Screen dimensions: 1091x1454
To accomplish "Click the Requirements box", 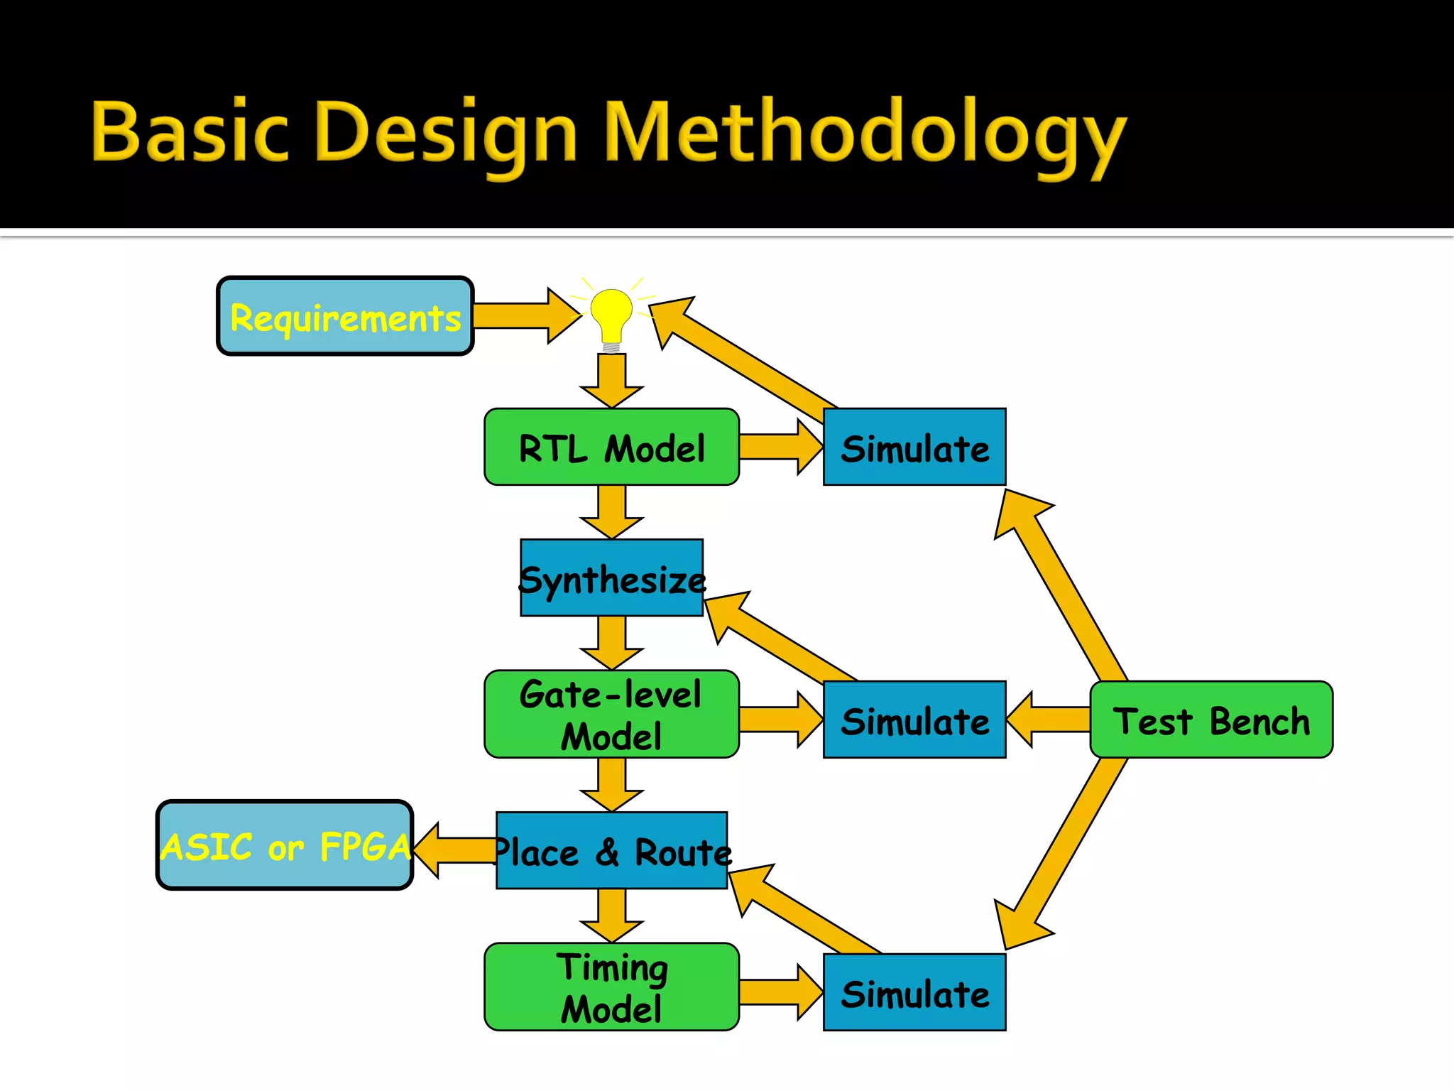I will [345, 316].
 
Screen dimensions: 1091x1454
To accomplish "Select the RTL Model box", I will [611, 447].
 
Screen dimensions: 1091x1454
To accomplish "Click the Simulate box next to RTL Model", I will [914, 447].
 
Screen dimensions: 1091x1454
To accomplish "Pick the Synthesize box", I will [611, 578].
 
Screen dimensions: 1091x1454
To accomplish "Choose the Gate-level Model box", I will [611, 715].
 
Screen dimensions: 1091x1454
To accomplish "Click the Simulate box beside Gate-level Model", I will [914, 720].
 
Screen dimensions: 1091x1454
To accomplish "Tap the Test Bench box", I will [1211, 720].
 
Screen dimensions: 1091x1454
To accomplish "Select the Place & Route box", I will [611, 851].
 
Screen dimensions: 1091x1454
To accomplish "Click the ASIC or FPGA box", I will [285, 845].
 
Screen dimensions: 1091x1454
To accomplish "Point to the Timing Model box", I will [611, 987].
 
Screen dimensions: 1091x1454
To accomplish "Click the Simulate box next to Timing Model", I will [914, 993].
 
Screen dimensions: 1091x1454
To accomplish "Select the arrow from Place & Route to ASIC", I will [454, 850].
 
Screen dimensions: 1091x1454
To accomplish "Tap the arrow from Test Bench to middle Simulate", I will [1047, 720].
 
